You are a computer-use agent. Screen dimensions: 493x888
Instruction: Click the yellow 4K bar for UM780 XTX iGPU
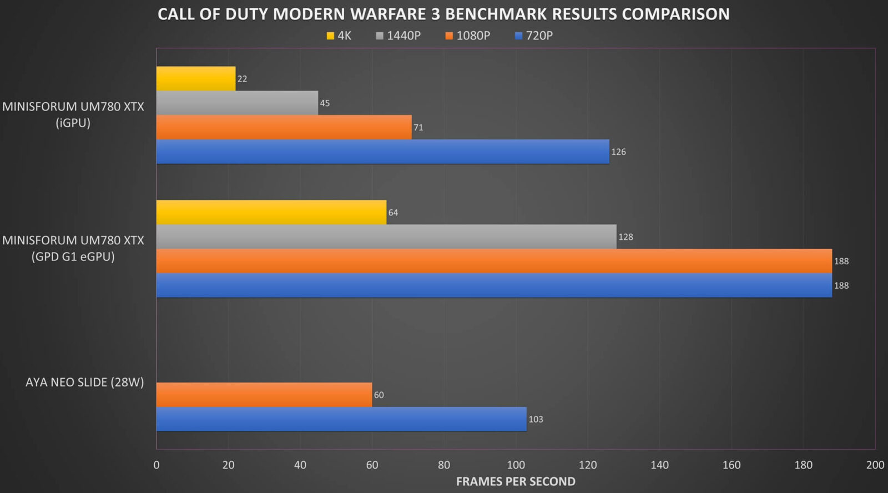(195, 79)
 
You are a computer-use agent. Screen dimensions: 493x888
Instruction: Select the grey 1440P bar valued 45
(237, 103)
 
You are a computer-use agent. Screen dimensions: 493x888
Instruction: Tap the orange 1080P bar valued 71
(284, 127)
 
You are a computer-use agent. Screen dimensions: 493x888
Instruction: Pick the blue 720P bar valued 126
(382, 152)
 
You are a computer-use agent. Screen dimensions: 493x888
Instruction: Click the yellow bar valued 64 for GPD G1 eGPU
(271, 213)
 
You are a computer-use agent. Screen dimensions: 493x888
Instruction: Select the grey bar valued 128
(386, 237)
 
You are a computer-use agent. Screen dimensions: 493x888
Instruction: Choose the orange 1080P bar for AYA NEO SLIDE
(264, 395)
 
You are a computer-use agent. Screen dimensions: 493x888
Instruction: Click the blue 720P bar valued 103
(341, 419)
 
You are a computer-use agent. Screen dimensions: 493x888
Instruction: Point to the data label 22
(242, 79)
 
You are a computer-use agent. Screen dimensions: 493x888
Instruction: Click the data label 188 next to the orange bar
(841, 261)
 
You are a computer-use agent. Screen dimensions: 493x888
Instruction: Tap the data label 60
(379, 395)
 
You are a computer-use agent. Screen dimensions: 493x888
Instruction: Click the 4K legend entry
(339, 36)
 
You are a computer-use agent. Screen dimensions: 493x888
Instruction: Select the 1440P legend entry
(398, 36)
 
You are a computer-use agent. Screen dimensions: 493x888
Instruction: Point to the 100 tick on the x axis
(516, 465)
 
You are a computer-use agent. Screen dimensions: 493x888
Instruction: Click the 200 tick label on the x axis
(875, 465)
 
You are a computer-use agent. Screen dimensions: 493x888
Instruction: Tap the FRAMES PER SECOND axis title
(516, 481)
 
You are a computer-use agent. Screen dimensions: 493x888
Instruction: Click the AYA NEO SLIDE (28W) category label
(84, 382)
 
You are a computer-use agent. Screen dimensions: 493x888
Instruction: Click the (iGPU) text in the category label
(73, 123)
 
